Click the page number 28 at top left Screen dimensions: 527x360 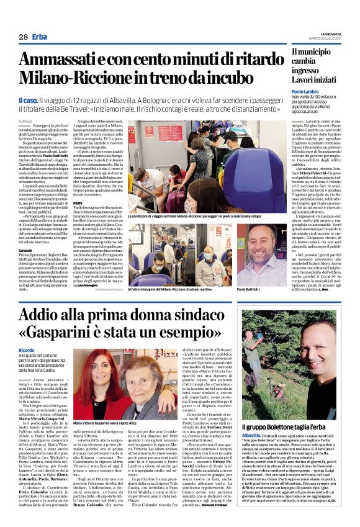(23, 37)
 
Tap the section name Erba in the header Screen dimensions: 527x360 (40, 37)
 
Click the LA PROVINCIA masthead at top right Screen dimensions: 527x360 (336, 33)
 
